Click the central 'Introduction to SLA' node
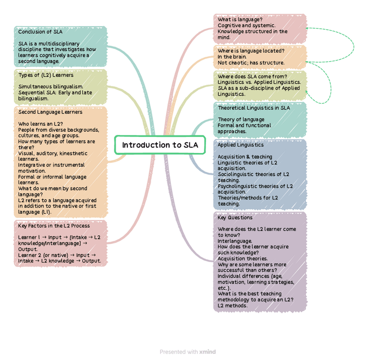pyautogui.click(x=160, y=145)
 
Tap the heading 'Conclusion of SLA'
pyautogui.click(x=40, y=32)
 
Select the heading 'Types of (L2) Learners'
pyautogui.click(x=46, y=75)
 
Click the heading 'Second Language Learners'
pyautogui.click(x=51, y=112)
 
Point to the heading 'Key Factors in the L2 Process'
pyautogui.click(x=54, y=226)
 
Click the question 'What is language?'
pyautogui.click(x=240, y=20)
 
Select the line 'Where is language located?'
pyautogui.click(x=251, y=51)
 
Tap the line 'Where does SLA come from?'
pyautogui.click(x=252, y=77)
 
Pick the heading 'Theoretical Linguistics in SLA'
pyautogui.click(x=254, y=108)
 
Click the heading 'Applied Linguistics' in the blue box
pyautogui.click(x=240, y=145)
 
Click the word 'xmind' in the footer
pyautogui.click(x=208, y=352)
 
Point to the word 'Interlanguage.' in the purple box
pyautogui.click(x=235, y=241)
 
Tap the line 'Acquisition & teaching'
pyautogui.click(x=245, y=157)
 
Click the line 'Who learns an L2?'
pyautogui.click(x=40, y=124)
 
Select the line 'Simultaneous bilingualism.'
pyautogui.click(x=51, y=86)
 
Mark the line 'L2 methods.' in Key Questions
pyautogui.click(x=233, y=305)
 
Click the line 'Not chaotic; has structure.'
pyautogui.click(x=251, y=63)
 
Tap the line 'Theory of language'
pyautogui.click(x=241, y=119)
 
